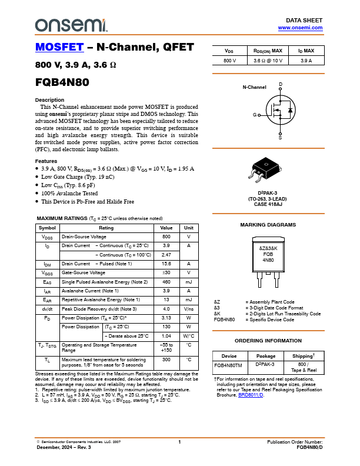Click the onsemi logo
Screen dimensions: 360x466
[71, 25]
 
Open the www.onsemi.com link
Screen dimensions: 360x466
[300, 28]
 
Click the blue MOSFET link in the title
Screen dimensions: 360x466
[59, 47]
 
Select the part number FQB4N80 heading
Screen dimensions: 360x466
[62, 82]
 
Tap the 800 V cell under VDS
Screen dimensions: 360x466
[229, 61]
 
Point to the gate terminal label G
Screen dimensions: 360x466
[255, 115]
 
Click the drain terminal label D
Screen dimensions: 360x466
[281, 84]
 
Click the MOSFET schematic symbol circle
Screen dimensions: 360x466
[281, 110]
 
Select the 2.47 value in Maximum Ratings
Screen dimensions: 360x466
[166, 255]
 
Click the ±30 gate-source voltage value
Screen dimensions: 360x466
[166, 272]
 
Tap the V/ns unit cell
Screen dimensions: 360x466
[189, 309]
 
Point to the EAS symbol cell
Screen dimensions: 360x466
[47, 282]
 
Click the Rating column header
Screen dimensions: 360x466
[106, 228]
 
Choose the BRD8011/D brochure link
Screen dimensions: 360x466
[251, 395]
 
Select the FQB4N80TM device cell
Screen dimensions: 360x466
[228, 365]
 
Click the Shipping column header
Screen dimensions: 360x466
[304, 356]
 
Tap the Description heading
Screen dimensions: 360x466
[49, 100]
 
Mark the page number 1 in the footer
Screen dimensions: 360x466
[179, 442]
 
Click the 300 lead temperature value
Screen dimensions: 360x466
[166, 360]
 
